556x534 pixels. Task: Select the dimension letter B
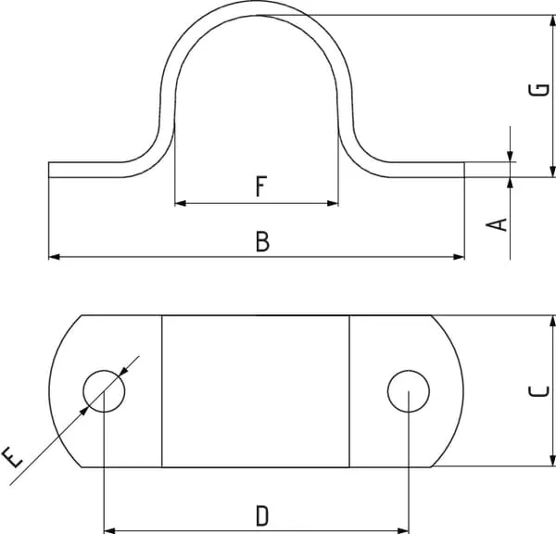[262, 241]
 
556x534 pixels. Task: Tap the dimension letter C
[538, 391]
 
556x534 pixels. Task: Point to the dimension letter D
[262, 515]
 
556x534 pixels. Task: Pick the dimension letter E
[12, 457]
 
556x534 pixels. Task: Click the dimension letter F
[261, 186]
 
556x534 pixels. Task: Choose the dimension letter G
[538, 90]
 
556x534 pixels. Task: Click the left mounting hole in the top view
[104, 391]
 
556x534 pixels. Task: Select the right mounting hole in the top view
[409, 391]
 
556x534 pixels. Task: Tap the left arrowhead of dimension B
[54, 257]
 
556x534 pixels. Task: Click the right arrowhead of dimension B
[459, 257]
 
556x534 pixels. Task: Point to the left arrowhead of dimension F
[181, 203]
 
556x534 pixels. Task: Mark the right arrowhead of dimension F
[333, 203]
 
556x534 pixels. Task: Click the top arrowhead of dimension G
[552, 20]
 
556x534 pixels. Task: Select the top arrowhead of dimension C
[552, 321]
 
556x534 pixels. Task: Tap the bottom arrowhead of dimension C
[552, 461]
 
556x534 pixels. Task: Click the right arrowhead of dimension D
[403, 531]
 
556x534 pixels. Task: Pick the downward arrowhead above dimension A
[510, 157]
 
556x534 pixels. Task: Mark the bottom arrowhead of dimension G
[552, 172]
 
